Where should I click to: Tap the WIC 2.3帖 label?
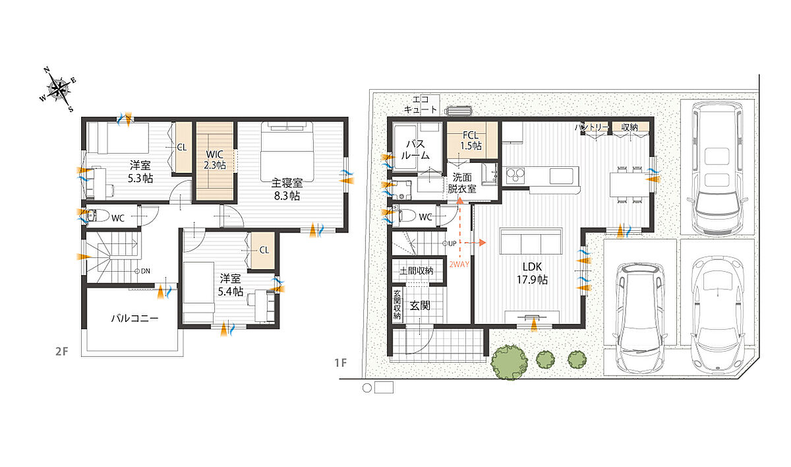[x=215, y=160]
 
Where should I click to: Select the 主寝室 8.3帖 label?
[x=287, y=189]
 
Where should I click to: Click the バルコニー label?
[x=134, y=319]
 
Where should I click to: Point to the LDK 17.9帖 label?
[x=532, y=274]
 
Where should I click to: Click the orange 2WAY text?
[x=459, y=264]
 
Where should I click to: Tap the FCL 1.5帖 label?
[x=471, y=140]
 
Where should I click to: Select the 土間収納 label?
[x=417, y=271]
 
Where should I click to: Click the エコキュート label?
[x=421, y=105]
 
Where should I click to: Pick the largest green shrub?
[x=510, y=362]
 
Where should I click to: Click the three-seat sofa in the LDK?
[x=531, y=241]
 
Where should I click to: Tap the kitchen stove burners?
[x=515, y=175]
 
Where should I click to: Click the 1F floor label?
[x=341, y=363]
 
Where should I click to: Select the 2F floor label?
[x=61, y=351]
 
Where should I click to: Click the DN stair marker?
[x=142, y=271]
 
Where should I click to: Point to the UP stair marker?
[x=450, y=243]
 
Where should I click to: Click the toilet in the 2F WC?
[x=98, y=216]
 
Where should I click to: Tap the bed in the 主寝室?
[x=287, y=152]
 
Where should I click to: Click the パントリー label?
[x=591, y=127]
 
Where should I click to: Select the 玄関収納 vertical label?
[x=397, y=305]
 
